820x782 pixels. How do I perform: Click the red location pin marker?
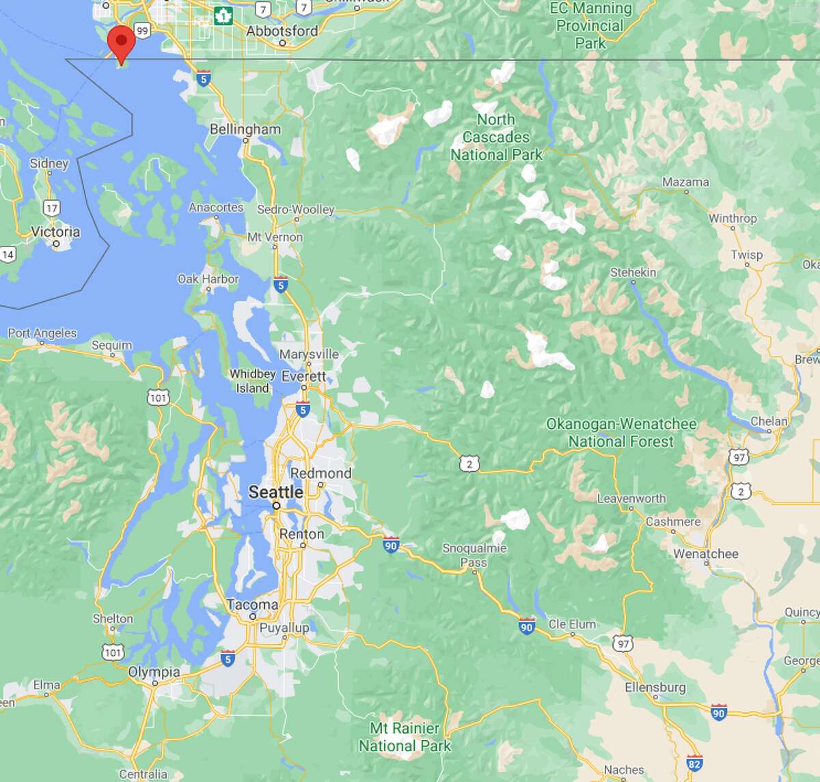coord(121,42)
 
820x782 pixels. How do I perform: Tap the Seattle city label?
coord(275,492)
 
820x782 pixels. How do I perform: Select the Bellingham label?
coord(245,129)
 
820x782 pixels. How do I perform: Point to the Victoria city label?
coord(55,232)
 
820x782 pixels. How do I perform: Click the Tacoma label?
coord(252,604)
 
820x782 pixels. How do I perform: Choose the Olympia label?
coord(154,671)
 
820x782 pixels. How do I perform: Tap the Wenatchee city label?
coord(705,553)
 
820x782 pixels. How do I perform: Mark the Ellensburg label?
coord(655,687)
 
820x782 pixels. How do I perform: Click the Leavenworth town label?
coord(631,498)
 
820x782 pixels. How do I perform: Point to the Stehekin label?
coord(633,272)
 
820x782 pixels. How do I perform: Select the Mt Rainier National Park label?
coord(405,737)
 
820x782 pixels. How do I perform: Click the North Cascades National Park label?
coord(496,137)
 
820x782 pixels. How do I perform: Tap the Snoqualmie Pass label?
coord(474,555)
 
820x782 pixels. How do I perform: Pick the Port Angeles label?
coord(42,333)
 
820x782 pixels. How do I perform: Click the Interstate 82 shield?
coord(695,764)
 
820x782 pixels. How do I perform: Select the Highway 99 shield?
coord(141,31)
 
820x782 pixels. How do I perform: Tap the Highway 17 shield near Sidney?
coord(51,208)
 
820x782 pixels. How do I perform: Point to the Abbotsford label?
coord(282,31)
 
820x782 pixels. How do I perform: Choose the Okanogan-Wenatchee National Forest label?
coord(621,432)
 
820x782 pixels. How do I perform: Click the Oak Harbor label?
coord(208,279)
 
